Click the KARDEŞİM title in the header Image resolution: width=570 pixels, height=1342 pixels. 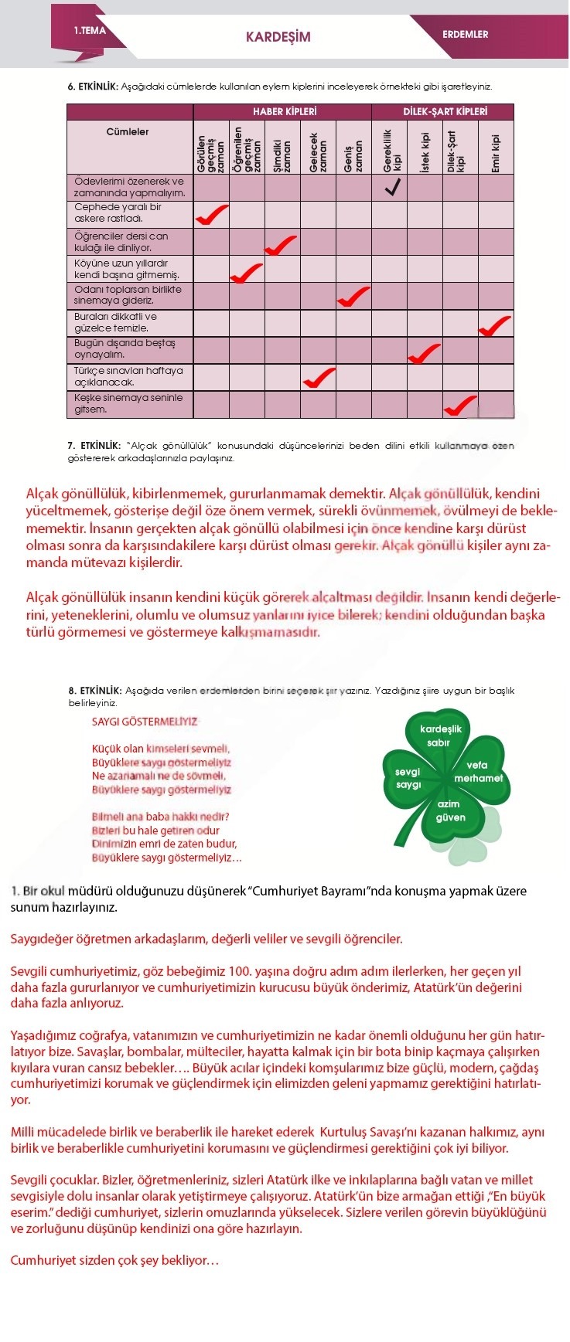(278, 36)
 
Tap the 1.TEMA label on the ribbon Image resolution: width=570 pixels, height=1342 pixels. (90, 31)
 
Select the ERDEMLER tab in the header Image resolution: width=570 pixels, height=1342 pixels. (465, 34)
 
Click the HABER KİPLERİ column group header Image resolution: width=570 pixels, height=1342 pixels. (284, 112)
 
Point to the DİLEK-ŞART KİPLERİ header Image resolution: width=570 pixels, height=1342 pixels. (445, 112)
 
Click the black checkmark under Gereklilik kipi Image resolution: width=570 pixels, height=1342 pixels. (392, 187)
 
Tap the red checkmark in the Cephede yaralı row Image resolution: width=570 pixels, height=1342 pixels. (211, 214)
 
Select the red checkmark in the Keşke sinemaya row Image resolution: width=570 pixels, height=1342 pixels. (460, 404)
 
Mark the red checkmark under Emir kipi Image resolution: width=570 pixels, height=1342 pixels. (495, 324)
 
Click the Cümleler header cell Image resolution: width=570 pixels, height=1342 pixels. (128, 132)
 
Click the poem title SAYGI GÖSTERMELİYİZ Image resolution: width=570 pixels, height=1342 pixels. (145, 722)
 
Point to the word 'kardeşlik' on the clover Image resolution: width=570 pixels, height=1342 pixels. (441, 729)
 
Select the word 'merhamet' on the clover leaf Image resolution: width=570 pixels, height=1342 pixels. (478, 779)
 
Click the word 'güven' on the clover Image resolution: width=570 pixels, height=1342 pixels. (451, 817)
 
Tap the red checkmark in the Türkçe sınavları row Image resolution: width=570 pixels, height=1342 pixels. (319, 378)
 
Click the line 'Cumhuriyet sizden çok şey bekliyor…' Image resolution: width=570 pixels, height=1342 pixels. (114, 1260)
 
